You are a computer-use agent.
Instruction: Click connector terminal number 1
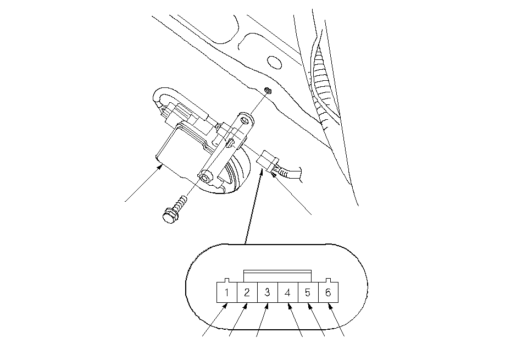227,292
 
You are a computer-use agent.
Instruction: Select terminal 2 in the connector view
247,292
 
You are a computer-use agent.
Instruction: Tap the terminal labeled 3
268,292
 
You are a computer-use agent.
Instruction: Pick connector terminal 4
288,292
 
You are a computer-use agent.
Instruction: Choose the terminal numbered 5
308,292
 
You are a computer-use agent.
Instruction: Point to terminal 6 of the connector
329,292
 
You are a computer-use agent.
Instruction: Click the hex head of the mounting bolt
170,216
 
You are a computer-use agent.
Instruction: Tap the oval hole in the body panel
275,63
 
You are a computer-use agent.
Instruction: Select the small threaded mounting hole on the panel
268,90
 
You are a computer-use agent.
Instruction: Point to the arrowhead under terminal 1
225,306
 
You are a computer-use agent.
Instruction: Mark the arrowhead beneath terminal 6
330,306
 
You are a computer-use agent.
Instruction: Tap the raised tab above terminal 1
227,280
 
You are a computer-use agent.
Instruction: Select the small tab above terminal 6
328,280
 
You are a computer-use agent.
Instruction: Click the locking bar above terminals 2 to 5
277,276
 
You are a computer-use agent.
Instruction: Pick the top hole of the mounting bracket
246,120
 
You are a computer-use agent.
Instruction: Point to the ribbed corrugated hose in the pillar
322,83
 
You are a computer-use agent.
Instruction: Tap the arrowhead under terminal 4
289,306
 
